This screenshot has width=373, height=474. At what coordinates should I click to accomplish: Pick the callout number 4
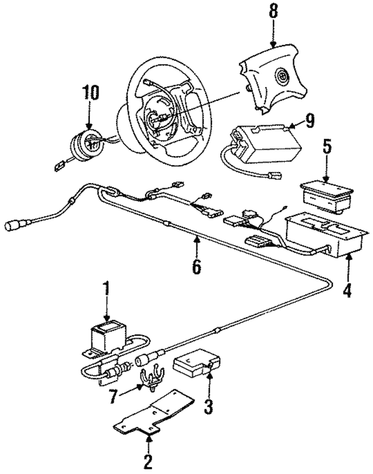[x=348, y=289]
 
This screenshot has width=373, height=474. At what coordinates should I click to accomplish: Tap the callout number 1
[x=107, y=289]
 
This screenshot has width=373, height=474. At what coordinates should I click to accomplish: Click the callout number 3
[x=208, y=404]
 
